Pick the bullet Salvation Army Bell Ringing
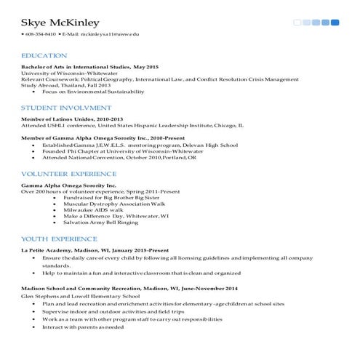click(x=100, y=223)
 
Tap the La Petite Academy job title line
click(x=95, y=250)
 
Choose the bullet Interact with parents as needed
click(x=83, y=327)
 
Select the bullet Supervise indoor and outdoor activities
click(x=103, y=311)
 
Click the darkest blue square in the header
click(x=335, y=23)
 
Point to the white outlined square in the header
click(x=297, y=23)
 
